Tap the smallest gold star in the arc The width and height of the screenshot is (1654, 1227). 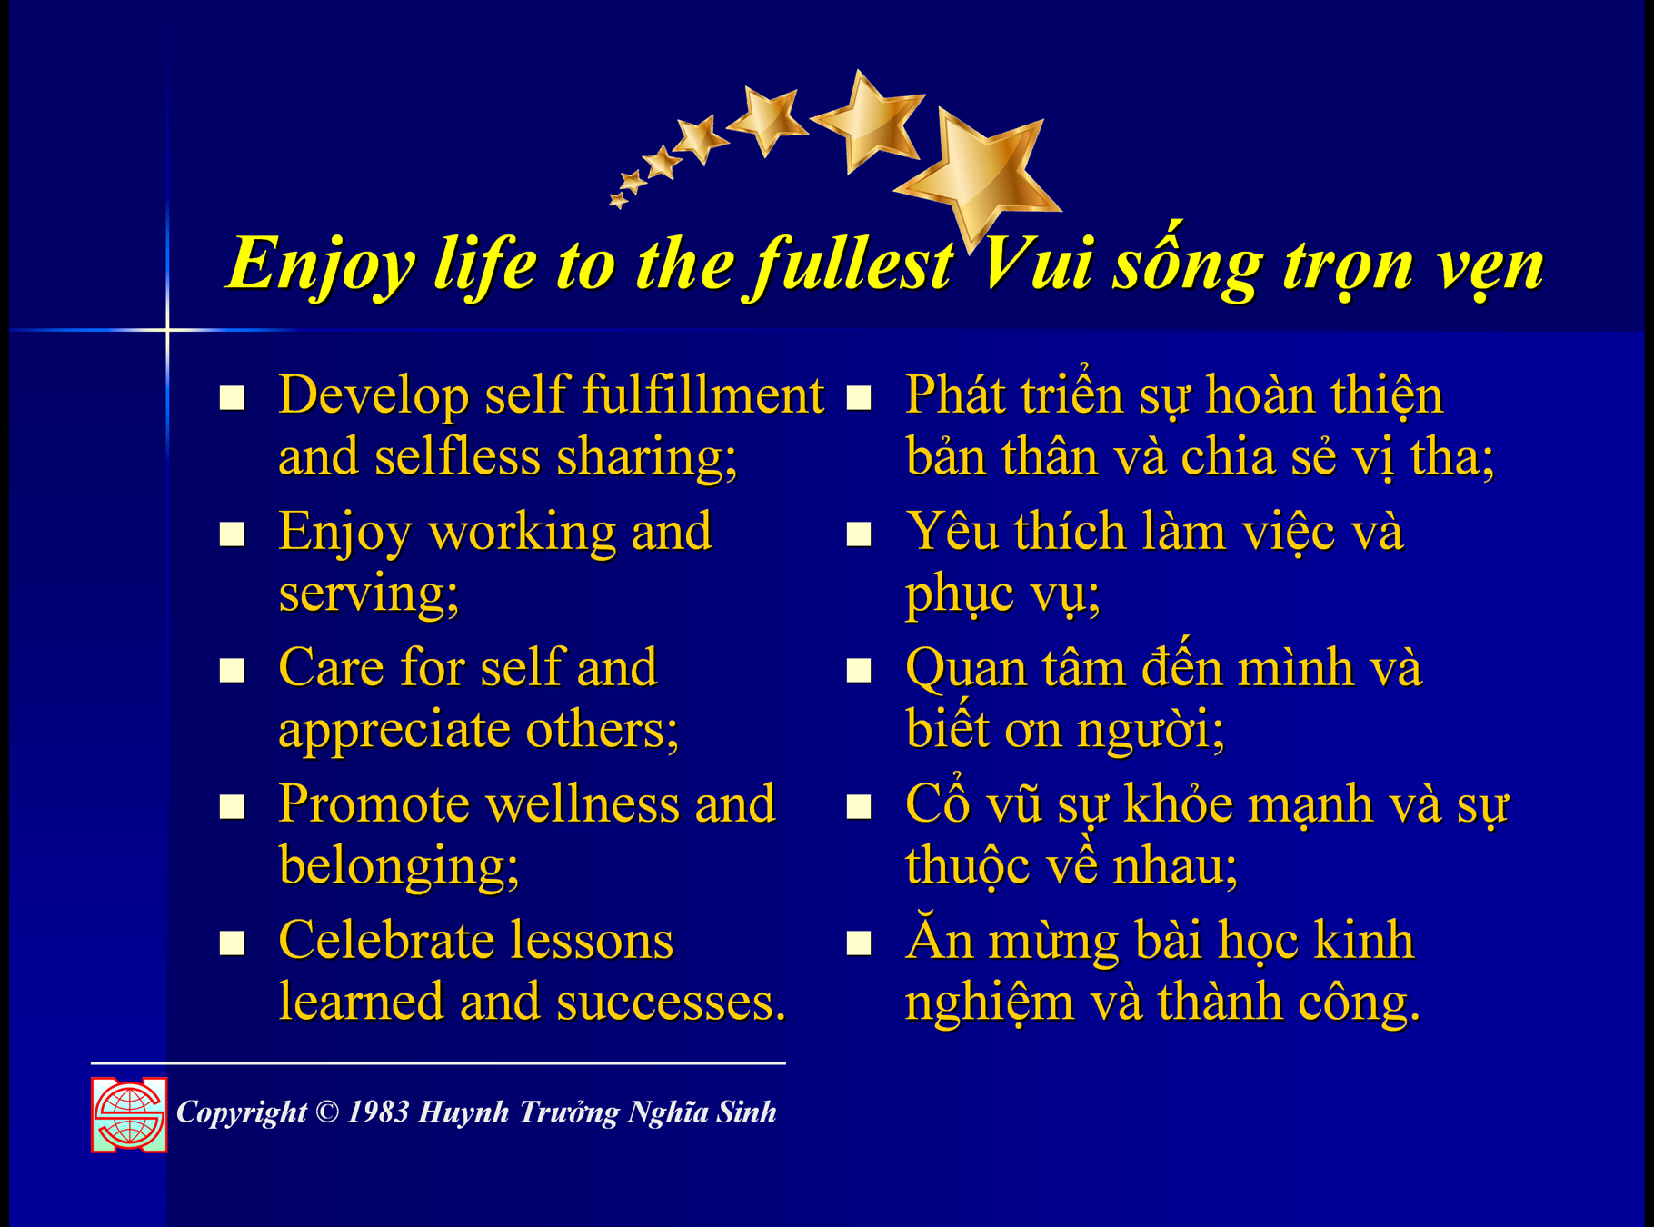tap(618, 200)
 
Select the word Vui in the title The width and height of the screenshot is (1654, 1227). tap(1035, 264)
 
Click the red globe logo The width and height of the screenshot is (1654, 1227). tap(129, 1115)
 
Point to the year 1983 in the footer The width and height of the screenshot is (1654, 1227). tap(378, 1112)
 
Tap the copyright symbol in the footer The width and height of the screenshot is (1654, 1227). tap(327, 1112)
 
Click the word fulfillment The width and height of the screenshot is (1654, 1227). tap(702, 395)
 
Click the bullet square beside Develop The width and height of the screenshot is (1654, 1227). tap(232, 398)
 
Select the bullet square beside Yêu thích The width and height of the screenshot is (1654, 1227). tap(859, 534)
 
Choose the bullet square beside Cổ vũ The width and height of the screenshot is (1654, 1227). tap(859, 807)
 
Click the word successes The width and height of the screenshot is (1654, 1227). tap(672, 1003)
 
